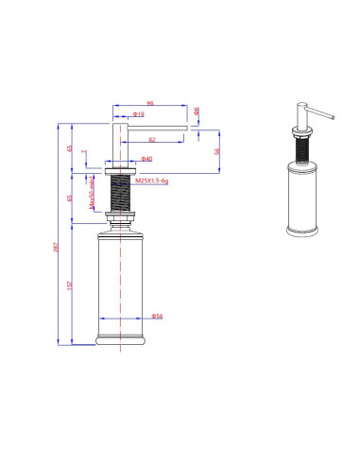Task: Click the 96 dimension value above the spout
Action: click(149, 103)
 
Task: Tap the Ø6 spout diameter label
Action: click(197, 112)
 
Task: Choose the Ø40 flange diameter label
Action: click(146, 159)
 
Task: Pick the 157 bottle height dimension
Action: click(71, 286)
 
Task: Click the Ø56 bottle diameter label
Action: click(158, 316)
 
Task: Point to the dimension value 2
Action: click(83, 151)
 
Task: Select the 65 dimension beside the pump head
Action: click(71, 147)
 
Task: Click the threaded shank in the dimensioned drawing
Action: click(121, 193)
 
